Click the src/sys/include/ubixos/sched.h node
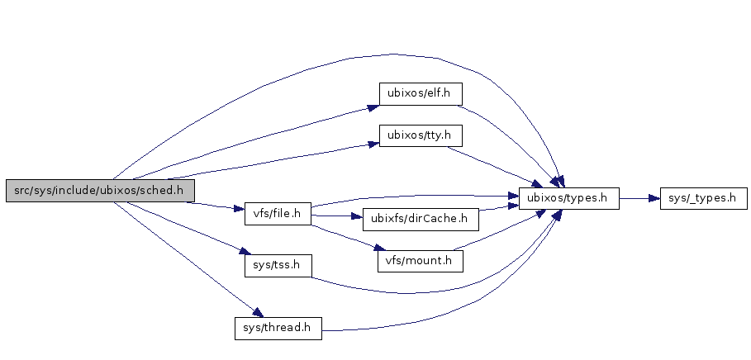tap(99, 191)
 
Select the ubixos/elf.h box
tap(420, 92)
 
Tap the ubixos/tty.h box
tap(420, 135)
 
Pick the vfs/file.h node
tap(277, 214)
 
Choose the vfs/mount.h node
tap(420, 261)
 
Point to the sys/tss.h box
tap(277, 266)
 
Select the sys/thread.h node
tap(277, 328)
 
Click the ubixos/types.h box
tap(568, 198)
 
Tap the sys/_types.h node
tap(703, 198)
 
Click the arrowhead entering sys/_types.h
tap(654, 198)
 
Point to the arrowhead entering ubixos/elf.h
tap(373, 106)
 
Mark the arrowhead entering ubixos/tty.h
tap(373, 144)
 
